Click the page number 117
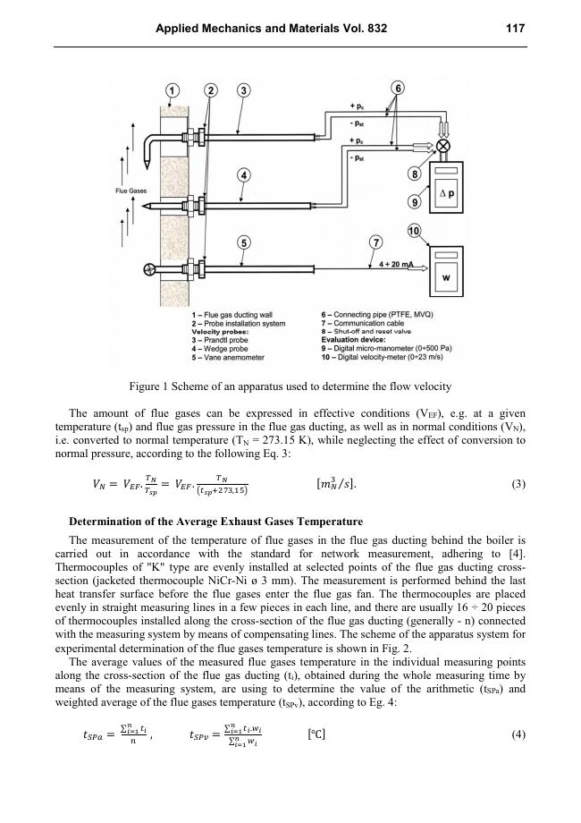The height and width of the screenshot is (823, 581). [516, 29]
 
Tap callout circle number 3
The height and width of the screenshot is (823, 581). [244, 90]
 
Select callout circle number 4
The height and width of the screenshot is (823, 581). [243, 175]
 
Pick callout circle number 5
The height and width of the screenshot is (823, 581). [243, 242]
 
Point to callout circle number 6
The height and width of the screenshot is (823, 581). [398, 87]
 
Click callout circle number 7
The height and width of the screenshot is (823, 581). [376, 242]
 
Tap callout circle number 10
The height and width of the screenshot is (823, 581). [414, 231]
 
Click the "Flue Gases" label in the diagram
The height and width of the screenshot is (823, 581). [131, 191]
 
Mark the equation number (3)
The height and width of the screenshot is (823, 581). [518, 485]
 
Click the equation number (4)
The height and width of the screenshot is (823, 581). [518, 735]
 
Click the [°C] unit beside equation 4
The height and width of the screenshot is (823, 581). [316, 734]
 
